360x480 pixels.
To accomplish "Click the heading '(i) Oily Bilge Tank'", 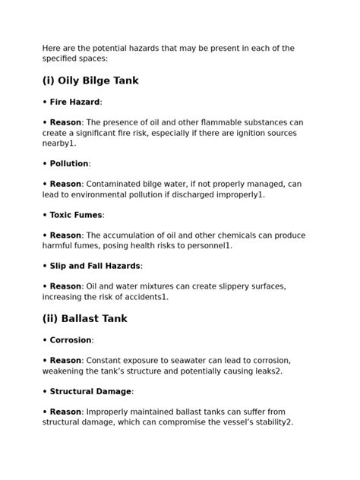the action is click(90, 81).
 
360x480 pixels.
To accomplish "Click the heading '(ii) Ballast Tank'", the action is click(84, 319).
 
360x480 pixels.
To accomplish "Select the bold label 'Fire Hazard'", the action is click(74, 102).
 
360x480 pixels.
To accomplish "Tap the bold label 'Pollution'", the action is click(69, 163).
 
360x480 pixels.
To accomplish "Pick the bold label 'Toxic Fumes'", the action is click(77, 215).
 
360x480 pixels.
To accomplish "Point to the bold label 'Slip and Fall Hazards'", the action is click(95, 267).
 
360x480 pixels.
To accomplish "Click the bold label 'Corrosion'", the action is click(71, 340).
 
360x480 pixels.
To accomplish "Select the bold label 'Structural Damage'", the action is click(91, 392).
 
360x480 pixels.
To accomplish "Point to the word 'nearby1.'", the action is click(59, 143).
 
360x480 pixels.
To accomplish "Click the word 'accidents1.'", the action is click(142, 298).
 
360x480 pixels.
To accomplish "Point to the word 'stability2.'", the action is click(270, 422).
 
